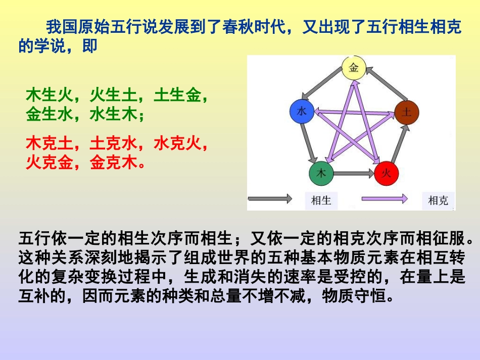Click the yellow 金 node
(354, 68)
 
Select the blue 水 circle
(302, 112)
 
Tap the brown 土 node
(406, 112)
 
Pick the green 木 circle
(321, 173)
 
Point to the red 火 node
(387, 174)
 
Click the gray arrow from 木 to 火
(354, 174)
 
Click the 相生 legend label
(321, 200)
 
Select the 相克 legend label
(438, 200)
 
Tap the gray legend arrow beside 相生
(269, 199)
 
